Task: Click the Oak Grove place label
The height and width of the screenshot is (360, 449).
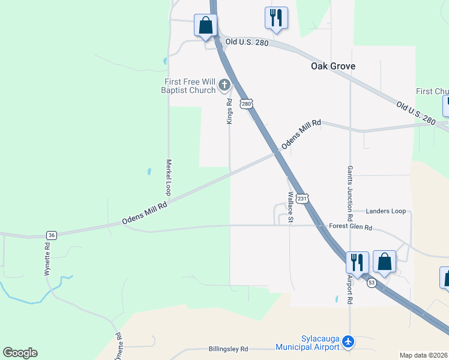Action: [x=333, y=66]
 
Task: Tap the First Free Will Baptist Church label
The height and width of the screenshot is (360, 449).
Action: [x=188, y=86]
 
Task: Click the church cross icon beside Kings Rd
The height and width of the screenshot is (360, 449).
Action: [x=224, y=85]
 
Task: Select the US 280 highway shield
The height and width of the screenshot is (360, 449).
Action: [x=246, y=104]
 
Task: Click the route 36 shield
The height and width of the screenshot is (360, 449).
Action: [x=52, y=235]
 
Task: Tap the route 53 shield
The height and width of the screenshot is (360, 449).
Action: [x=372, y=283]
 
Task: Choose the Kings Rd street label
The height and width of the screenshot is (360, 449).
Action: [x=229, y=112]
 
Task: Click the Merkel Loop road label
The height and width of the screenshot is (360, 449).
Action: [x=169, y=177]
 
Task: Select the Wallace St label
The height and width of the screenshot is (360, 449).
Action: [x=290, y=207]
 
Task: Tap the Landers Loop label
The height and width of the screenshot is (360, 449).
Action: [x=385, y=211]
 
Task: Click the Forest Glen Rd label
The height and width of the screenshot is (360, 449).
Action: [x=351, y=227]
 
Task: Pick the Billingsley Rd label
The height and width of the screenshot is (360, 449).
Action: [x=220, y=349]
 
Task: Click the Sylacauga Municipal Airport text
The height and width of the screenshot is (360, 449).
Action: [x=308, y=343]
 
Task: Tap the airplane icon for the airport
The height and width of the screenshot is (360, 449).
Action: [x=349, y=342]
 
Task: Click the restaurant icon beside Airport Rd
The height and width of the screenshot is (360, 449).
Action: [x=357, y=262]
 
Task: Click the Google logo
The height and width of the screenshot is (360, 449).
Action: [x=20, y=353]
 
